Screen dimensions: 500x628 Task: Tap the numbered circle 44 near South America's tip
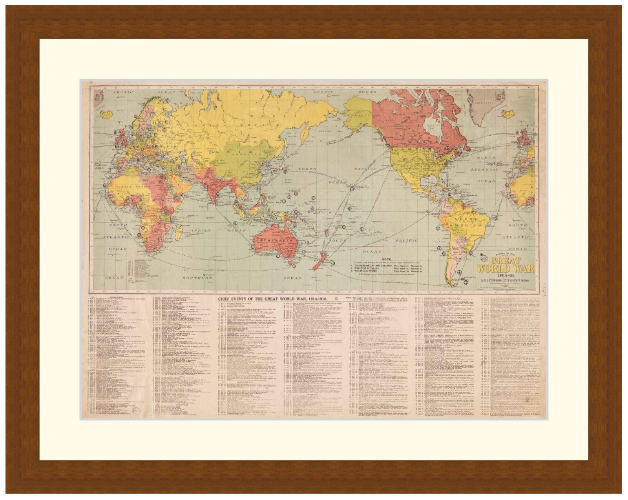tap(466, 281)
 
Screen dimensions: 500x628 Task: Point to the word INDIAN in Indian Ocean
tap(201, 230)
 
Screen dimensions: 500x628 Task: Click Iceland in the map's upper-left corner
tap(106, 114)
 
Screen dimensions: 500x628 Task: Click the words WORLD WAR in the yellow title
tap(505, 269)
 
